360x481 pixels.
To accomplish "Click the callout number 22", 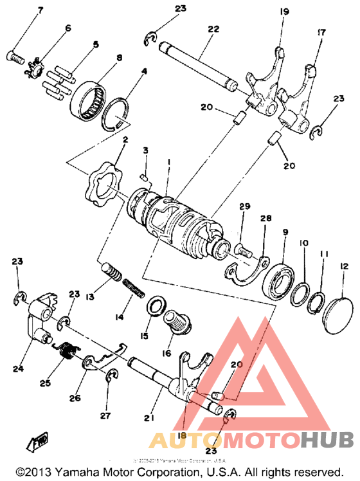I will [x=213, y=30].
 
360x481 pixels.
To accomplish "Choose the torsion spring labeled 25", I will [x=65, y=354].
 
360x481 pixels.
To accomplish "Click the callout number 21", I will [x=150, y=419].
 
